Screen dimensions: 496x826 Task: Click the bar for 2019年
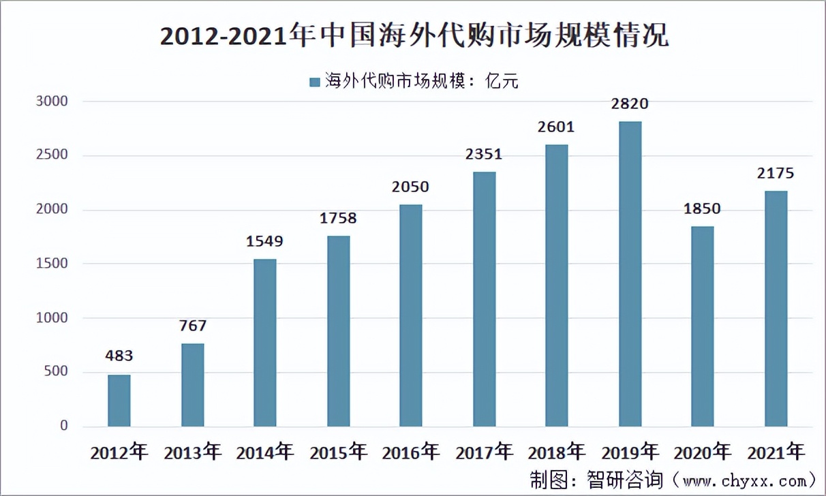tap(630, 274)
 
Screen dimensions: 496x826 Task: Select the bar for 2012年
tap(119, 401)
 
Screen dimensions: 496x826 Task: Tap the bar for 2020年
tap(703, 326)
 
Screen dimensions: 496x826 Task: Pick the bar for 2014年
tap(265, 343)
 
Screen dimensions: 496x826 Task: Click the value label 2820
tap(630, 104)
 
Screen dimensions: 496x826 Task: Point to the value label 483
tap(119, 356)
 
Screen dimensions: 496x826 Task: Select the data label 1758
tap(338, 219)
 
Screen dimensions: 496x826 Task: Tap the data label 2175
tap(776, 173)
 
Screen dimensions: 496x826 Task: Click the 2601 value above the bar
tap(557, 127)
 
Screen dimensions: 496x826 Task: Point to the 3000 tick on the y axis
tap(54, 102)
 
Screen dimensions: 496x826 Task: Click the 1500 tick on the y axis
tap(54, 264)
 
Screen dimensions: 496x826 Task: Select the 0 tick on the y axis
tap(64, 426)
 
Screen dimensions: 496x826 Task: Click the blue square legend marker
tap(314, 82)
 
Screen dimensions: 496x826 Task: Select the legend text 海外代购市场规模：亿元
tap(421, 82)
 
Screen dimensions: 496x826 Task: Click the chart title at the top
tap(414, 36)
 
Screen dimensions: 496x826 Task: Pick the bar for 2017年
tap(485, 299)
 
